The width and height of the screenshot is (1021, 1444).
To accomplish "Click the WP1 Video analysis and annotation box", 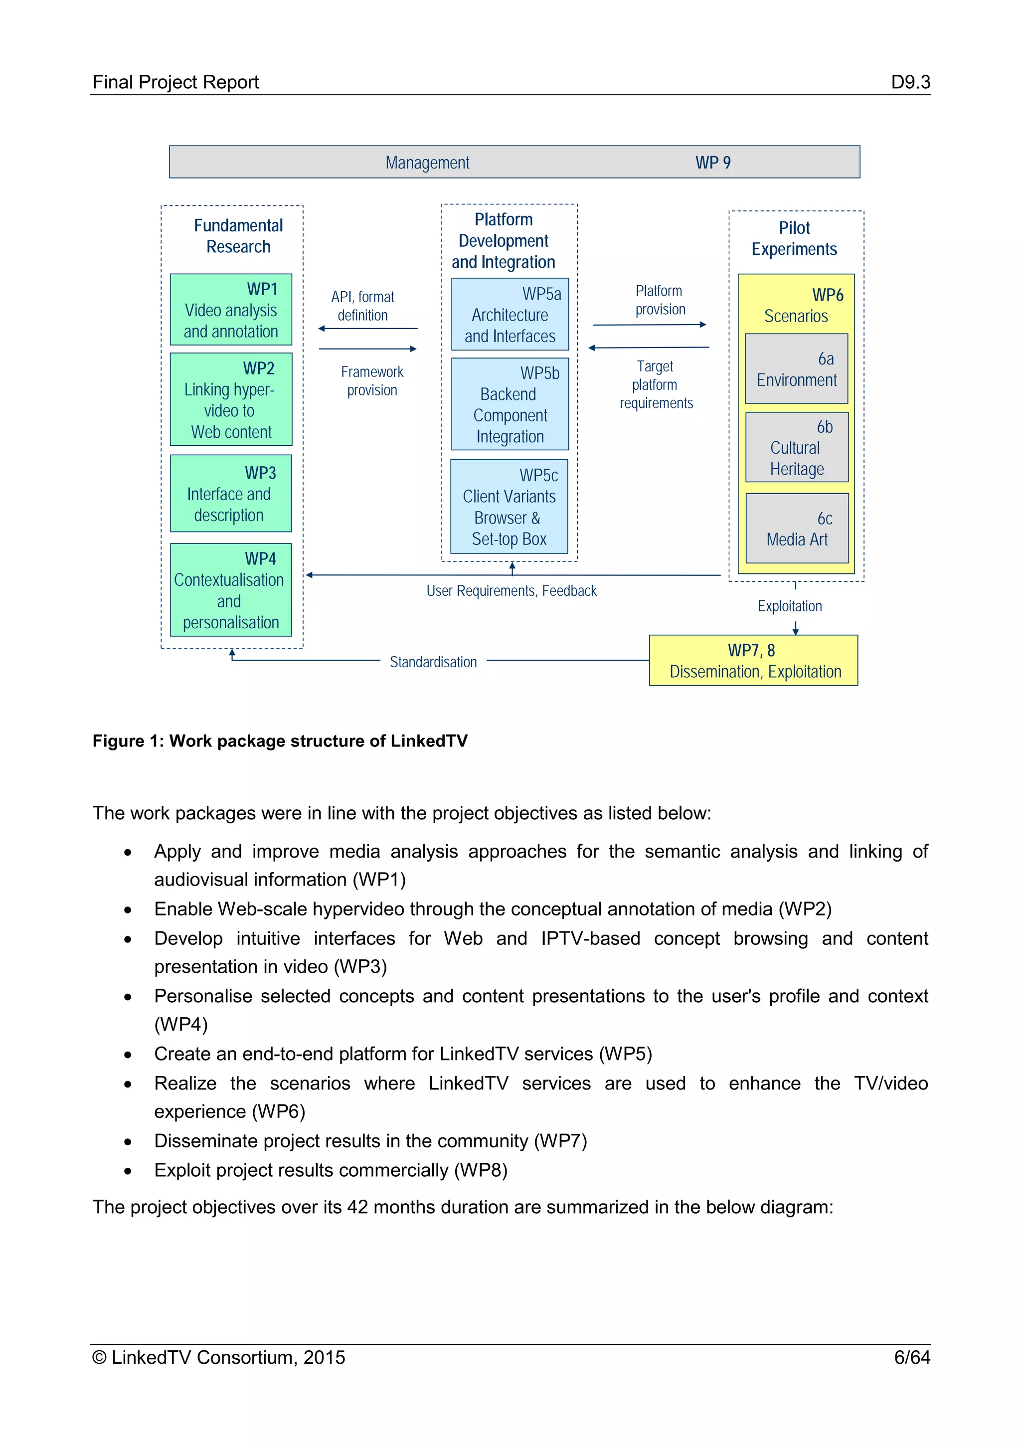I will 231,310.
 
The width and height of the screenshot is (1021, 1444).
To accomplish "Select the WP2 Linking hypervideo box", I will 231,399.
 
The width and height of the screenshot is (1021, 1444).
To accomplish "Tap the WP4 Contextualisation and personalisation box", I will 231,590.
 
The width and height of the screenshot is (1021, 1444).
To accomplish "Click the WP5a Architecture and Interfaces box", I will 510,315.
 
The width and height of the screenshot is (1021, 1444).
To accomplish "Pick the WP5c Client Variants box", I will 509,506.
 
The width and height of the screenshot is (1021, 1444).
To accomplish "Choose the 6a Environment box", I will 797,368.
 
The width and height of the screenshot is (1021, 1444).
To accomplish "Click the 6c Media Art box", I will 797,529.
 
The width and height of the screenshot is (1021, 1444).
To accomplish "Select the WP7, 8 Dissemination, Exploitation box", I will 753,660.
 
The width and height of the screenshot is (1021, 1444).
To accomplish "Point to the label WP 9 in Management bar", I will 713,163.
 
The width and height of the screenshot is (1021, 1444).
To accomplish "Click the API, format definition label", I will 363,306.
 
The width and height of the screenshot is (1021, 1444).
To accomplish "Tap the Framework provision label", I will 372,380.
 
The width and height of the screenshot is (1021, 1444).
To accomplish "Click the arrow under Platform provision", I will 650,325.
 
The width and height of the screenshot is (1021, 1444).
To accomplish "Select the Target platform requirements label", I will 656,384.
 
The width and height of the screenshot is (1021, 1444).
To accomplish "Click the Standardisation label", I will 433,662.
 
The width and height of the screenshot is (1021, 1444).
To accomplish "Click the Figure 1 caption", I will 280,741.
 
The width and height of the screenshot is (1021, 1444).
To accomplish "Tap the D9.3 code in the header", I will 910,82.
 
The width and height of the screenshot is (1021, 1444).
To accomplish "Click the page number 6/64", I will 912,1357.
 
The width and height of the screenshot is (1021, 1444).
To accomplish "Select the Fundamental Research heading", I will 238,236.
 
